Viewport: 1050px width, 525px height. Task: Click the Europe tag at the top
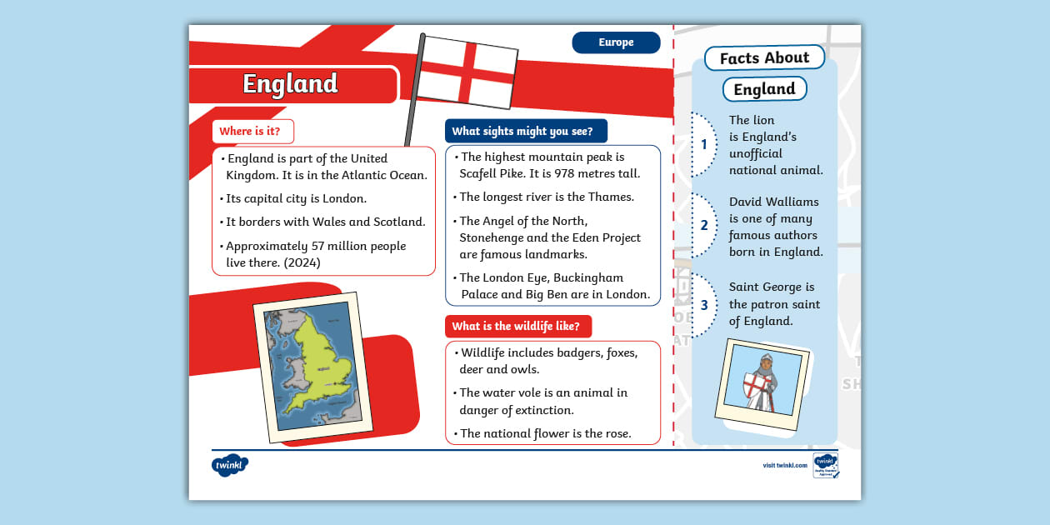[616, 42]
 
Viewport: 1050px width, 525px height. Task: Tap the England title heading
[290, 84]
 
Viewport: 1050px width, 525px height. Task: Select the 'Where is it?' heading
[250, 131]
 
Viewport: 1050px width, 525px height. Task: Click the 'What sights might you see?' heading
[522, 131]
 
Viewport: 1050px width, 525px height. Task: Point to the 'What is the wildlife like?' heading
[516, 326]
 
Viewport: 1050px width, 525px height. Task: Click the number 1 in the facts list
[703, 145]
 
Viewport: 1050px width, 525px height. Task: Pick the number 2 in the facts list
[703, 225]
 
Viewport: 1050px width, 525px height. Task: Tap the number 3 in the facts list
[703, 305]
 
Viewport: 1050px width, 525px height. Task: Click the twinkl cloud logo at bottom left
[229, 465]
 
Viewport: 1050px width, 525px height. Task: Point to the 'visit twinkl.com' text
[784, 465]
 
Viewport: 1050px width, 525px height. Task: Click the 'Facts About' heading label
[764, 57]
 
